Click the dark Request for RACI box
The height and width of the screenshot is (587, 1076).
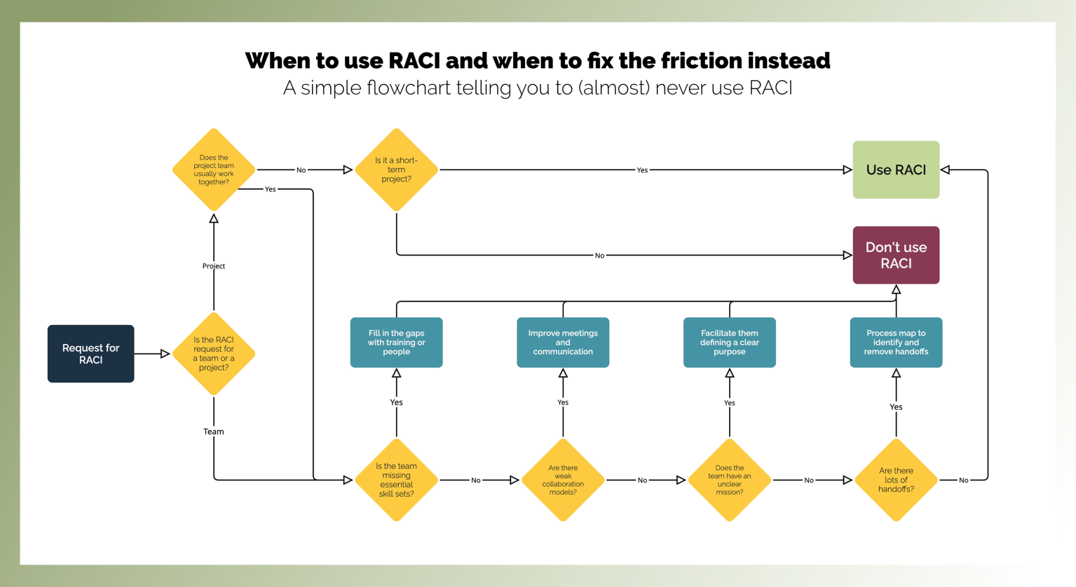click(90, 354)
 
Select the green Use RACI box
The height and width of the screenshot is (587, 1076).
click(896, 170)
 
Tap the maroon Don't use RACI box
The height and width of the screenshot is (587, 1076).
click(896, 255)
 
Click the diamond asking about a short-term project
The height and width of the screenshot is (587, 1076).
click(396, 170)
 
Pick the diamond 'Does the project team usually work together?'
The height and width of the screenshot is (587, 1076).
click(214, 170)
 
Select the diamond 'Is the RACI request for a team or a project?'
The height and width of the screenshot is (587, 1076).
click(214, 354)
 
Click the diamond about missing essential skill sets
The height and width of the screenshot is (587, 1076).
click(396, 480)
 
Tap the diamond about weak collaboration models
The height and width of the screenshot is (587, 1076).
click(563, 480)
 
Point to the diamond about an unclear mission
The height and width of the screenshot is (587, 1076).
click(729, 480)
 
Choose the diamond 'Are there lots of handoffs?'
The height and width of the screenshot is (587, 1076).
click(896, 480)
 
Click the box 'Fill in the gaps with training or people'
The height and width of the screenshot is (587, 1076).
click(396, 343)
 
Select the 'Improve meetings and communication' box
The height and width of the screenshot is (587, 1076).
click(563, 343)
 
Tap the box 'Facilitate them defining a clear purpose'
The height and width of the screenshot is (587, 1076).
click(729, 343)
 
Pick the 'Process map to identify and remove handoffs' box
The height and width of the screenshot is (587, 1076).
click(896, 343)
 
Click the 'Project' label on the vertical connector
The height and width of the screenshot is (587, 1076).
click(214, 266)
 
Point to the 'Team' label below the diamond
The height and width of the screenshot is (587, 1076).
click(214, 431)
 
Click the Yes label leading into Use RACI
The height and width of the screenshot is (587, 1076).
click(642, 170)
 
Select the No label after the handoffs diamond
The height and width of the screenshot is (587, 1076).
click(963, 481)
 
